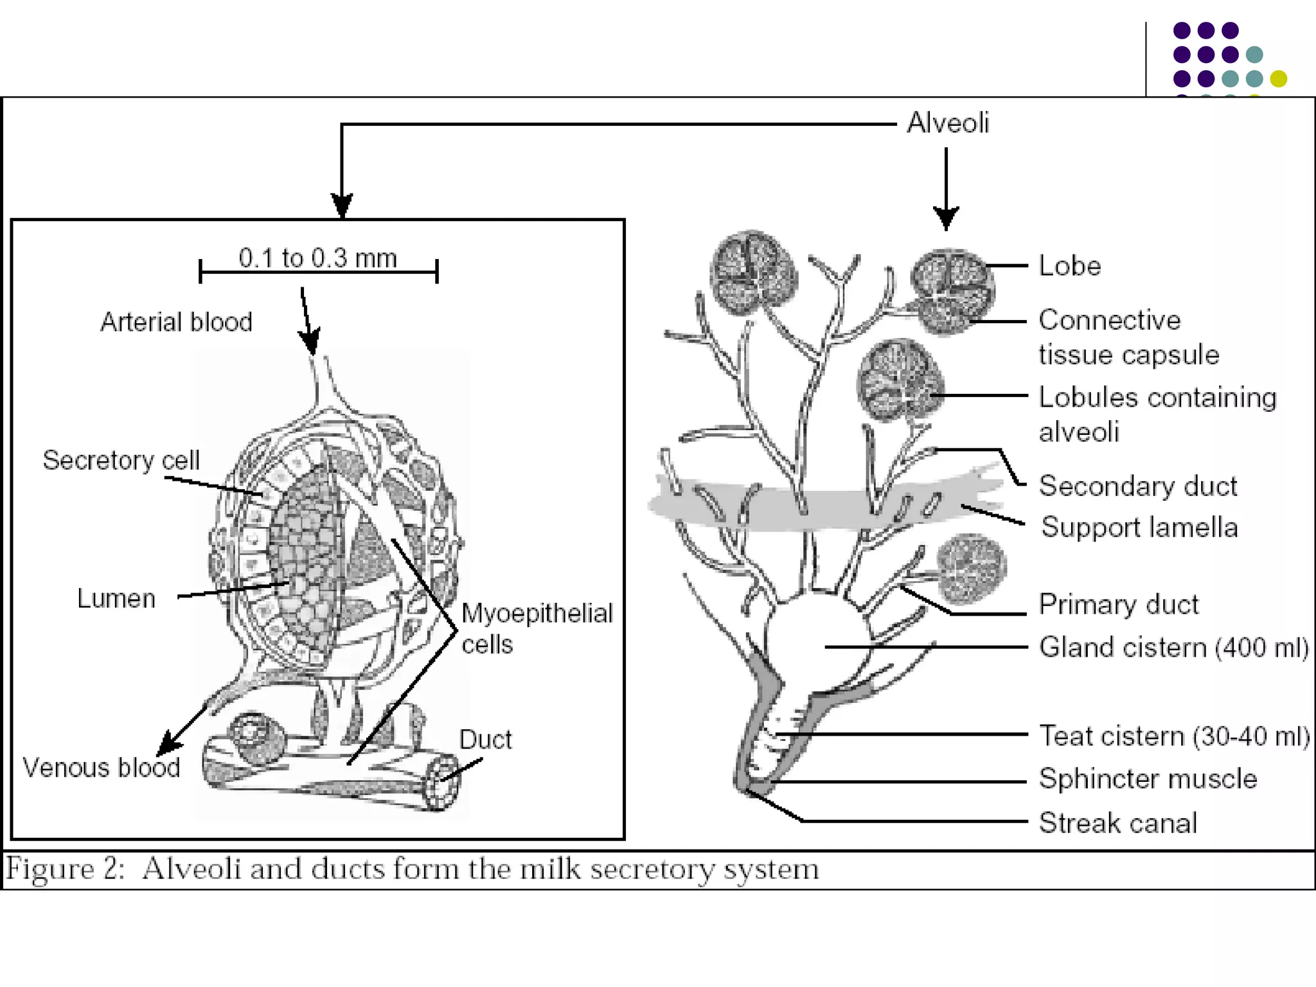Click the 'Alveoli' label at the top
pyautogui.click(x=947, y=123)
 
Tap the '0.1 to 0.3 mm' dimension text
pyautogui.click(x=317, y=258)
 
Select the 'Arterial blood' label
pyautogui.click(x=176, y=322)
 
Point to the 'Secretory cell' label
pyautogui.click(x=121, y=460)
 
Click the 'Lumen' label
pyautogui.click(x=116, y=598)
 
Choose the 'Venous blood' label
pyautogui.click(x=102, y=768)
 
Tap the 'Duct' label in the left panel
pyautogui.click(x=485, y=740)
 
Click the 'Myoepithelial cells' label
pyautogui.click(x=537, y=628)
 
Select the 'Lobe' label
pyautogui.click(x=1070, y=266)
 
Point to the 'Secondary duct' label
pyautogui.click(x=1138, y=486)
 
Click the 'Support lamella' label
pyautogui.click(x=1139, y=527)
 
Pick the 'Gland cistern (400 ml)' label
pyautogui.click(x=1174, y=647)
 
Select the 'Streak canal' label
pyautogui.click(x=1118, y=822)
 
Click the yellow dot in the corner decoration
pyautogui.click(x=1279, y=78)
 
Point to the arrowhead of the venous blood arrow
pyautogui.click(x=166, y=746)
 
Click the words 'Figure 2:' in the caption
pyautogui.click(x=64, y=869)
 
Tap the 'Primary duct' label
pyautogui.click(x=1119, y=604)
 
